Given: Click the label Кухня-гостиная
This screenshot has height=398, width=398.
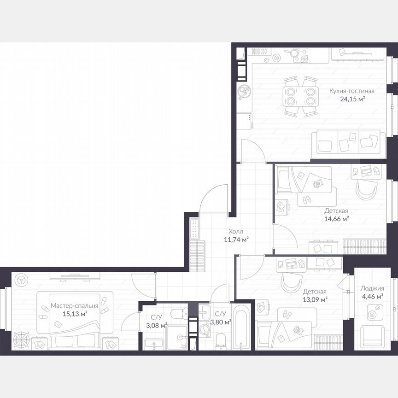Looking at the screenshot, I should (351, 91).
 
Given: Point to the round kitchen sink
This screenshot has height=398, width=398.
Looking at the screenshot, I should (243, 92).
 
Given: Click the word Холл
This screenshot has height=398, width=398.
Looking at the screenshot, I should (236, 231).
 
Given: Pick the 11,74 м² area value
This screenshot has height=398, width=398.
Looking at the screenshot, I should (236, 239).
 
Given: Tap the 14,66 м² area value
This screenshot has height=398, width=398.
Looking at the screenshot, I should (336, 219).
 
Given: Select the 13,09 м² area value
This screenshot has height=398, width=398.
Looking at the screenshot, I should (315, 299).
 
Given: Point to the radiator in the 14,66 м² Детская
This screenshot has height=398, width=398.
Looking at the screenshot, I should (364, 246).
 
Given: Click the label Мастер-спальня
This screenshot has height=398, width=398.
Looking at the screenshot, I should (75, 305).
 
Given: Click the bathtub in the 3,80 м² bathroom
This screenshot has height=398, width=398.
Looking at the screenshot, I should (241, 326).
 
